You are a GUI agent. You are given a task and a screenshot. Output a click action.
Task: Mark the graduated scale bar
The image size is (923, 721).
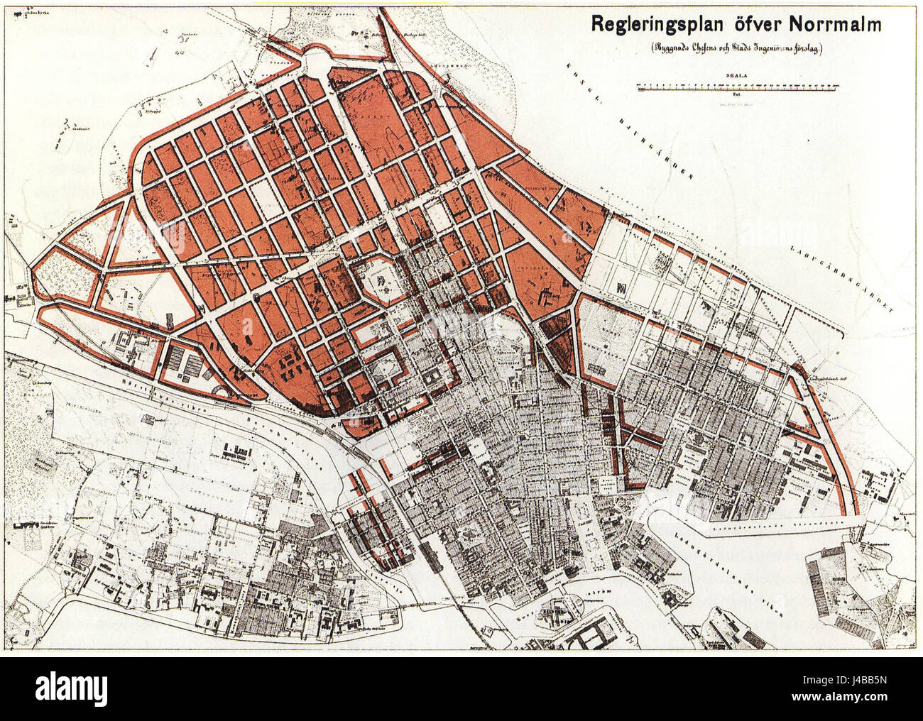point(738,86)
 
